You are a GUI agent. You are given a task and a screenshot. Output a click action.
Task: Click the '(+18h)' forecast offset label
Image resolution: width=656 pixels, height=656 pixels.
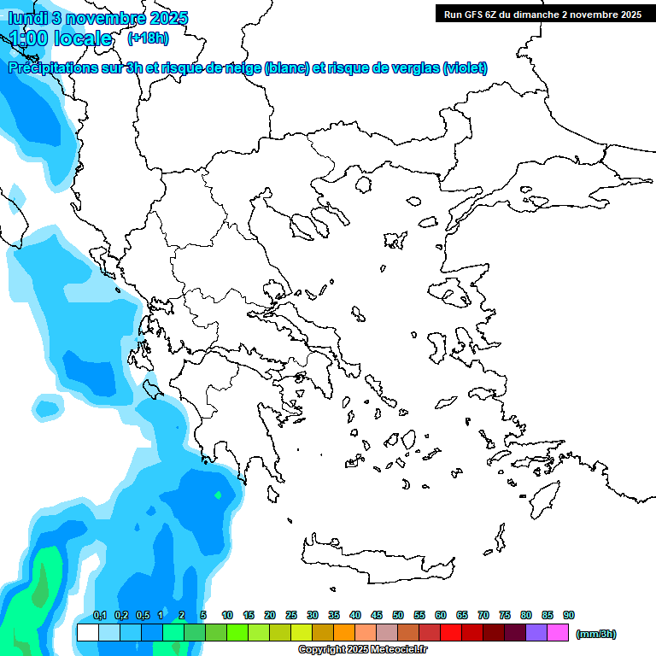(x=148, y=38)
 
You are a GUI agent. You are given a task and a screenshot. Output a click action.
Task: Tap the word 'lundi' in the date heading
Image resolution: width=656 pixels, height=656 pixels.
(x=26, y=18)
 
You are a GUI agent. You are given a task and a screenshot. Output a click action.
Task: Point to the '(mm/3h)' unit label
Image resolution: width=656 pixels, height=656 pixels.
(x=596, y=634)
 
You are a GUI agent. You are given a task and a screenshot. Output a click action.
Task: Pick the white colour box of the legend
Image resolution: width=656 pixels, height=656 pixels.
(x=87, y=632)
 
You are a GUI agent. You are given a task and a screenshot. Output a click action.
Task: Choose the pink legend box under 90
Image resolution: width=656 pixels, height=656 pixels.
(x=558, y=632)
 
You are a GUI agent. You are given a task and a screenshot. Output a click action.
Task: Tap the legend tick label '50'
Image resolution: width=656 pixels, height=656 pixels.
(x=398, y=615)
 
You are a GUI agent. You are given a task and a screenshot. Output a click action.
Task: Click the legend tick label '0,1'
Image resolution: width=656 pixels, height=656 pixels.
(x=99, y=615)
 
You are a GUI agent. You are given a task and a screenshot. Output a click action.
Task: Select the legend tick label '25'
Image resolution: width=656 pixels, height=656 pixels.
(x=291, y=615)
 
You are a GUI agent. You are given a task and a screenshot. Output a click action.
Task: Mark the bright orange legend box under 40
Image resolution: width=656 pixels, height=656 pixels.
(x=344, y=632)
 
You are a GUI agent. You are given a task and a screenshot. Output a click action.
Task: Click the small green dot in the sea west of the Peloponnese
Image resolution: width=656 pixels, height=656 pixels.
(x=218, y=495)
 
